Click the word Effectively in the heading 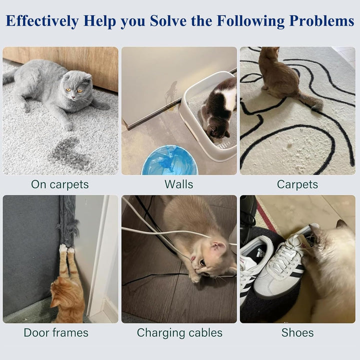(42, 21)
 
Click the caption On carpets (59, 184)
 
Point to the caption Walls (178, 184)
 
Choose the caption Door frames (55, 332)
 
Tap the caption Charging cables (179, 332)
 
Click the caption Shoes (297, 332)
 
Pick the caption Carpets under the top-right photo (297, 184)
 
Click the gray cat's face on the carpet (76, 88)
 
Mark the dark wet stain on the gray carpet (70, 153)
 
